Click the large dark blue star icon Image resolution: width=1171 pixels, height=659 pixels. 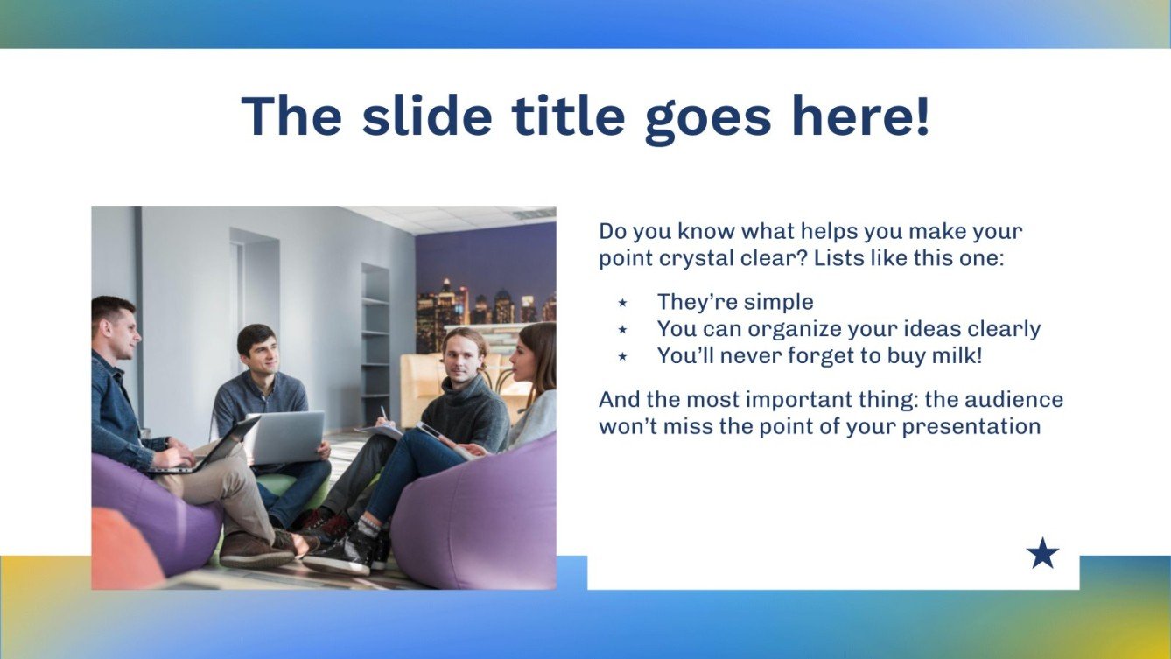[x=1041, y=554]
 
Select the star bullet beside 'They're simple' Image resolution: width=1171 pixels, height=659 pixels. [x=622, y=303]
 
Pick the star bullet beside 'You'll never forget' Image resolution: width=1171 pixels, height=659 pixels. [x=622, y=356]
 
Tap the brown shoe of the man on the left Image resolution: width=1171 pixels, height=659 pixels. [x=254, y=550]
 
